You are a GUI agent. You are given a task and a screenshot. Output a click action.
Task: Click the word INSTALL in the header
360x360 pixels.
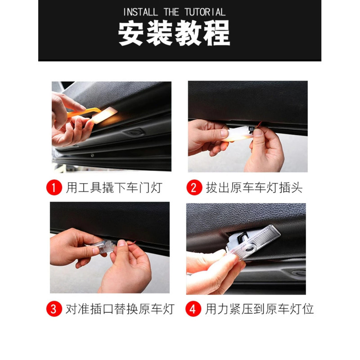click(x=140, y=12)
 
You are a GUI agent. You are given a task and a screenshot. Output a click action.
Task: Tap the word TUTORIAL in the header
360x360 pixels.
click(x=205, y=12)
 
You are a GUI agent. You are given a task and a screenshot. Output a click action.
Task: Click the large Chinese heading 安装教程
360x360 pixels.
click(x=174, y=32)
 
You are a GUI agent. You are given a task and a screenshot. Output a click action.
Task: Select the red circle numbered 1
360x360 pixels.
click(x=54, y=187)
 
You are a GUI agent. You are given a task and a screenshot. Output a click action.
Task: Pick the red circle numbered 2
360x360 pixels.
click(x=194, y=187)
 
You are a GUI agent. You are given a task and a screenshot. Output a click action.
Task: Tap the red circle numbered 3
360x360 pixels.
click(x=54, y=309)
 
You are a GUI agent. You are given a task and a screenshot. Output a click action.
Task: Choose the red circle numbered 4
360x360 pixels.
click(x=193, y=309)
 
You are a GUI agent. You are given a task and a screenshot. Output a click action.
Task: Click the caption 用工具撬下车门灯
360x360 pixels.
click(x=114, y=188)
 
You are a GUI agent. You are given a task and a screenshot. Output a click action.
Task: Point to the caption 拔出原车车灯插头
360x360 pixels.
click(x=254, y=188)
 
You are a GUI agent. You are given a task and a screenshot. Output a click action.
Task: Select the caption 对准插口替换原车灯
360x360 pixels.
click(x=120, y=309)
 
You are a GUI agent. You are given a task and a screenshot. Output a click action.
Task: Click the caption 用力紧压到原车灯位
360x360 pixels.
click(x=259, y=309)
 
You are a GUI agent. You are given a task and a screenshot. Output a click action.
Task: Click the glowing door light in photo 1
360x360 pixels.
click(x=104, y=115)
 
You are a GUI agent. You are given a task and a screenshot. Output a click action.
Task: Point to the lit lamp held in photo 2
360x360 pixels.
click(x=238, y=135)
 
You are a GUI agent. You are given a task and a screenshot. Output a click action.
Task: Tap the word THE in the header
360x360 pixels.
click(x=171, y=12)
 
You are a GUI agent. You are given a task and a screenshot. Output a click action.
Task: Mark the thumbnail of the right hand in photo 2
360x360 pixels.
click(x=258, y=132)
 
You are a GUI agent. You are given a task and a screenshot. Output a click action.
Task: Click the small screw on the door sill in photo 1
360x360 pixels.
click(x=92, y=155)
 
